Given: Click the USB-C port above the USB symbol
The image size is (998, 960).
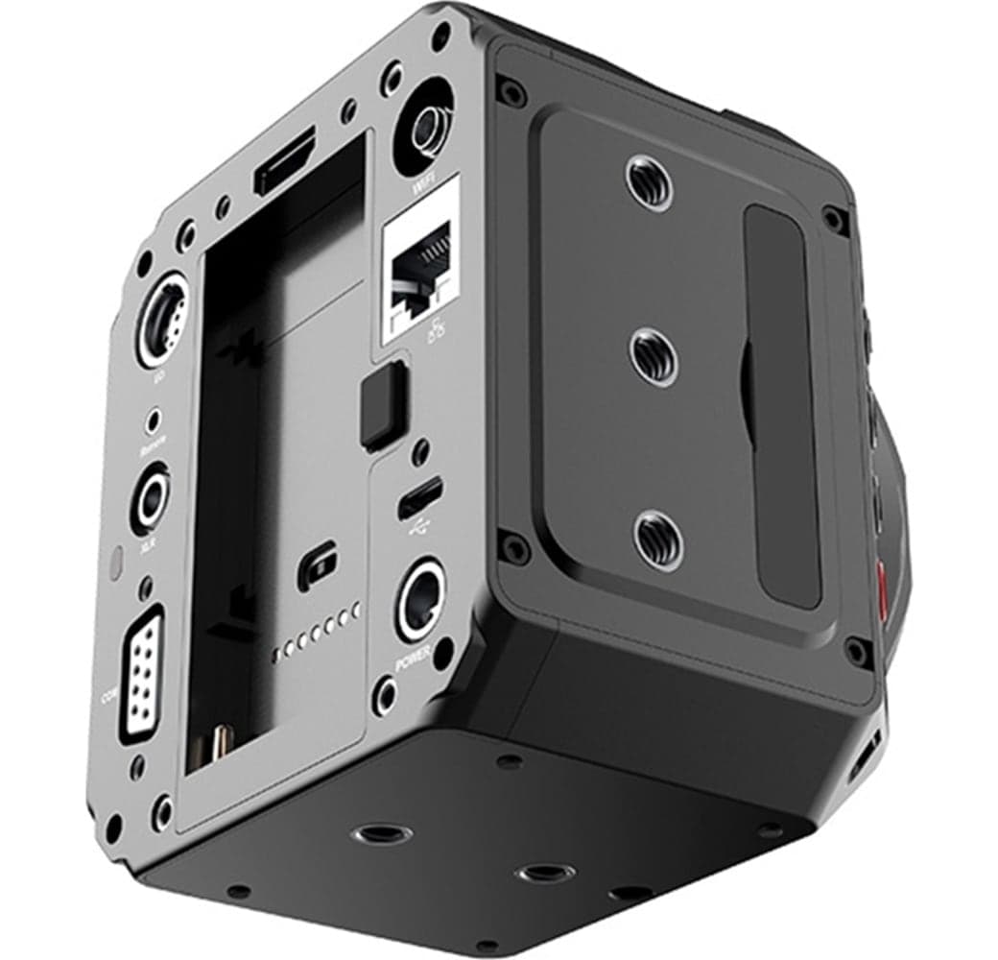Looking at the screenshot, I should (x=420, y=496).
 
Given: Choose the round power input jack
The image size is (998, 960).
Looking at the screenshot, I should (x=419, y=600).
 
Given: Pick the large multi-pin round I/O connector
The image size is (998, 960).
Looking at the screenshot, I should (x=158, y=319).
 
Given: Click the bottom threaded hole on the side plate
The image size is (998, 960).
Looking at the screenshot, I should (x=658, y=539).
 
